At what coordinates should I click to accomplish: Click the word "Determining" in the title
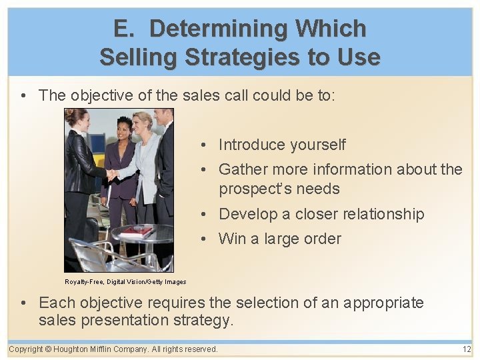[218, 29]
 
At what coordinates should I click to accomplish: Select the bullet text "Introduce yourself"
[282, 145]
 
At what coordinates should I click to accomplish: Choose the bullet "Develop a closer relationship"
[321, 214]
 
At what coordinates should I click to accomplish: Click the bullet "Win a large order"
[279, 239]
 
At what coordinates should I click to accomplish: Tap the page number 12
[466, 349]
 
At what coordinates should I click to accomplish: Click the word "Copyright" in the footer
[26, 349]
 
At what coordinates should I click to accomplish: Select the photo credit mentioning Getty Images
[125, 282]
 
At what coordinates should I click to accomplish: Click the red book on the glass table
[136, 231]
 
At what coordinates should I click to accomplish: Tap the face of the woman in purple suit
[124, 127]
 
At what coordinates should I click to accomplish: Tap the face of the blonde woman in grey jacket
[143, 125]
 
